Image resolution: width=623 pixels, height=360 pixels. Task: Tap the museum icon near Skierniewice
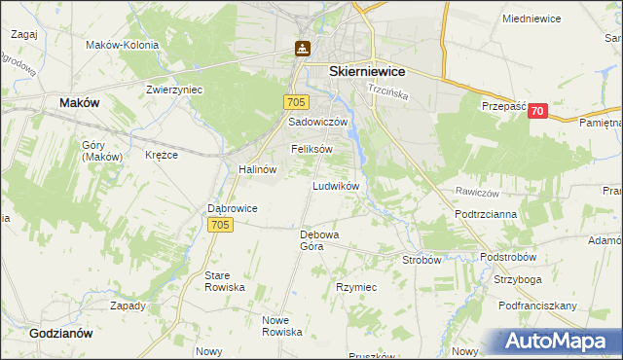pos(304,48)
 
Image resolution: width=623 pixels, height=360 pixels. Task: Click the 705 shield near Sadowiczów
pos(297,102)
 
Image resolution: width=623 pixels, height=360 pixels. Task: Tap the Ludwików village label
pos(336,185)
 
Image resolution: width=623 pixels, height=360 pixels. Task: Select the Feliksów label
pos(311,149)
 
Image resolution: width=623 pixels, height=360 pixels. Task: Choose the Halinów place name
pos(258,168)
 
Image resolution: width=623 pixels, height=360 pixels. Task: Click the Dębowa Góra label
pos(318,240)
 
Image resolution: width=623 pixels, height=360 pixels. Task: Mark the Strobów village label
pos(422,260)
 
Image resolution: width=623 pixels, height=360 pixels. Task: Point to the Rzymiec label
pos(356,288)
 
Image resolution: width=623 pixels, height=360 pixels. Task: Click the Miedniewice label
pos(533,18)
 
